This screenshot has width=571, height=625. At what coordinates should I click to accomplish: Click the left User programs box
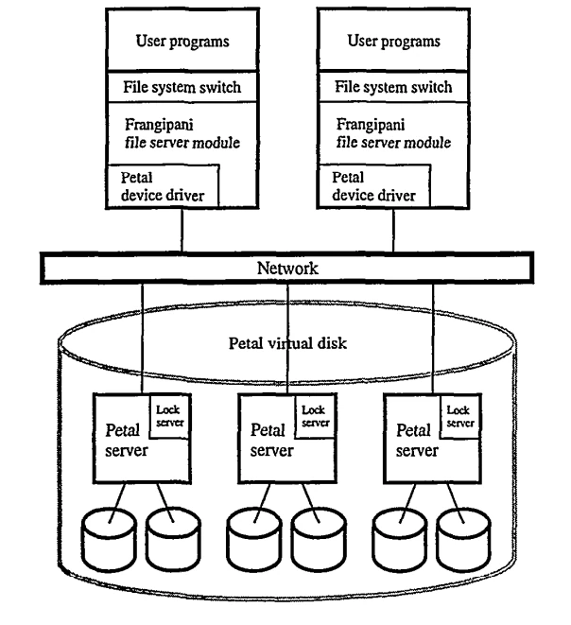(x=182, y=41)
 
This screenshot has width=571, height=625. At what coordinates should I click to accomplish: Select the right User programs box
(x=393, y=41)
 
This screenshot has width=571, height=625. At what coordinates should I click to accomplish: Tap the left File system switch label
(x=182, y=87)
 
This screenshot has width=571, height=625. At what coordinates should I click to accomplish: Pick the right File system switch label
(x=393, y=87)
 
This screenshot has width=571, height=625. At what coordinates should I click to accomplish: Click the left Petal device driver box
(x=163, y=186)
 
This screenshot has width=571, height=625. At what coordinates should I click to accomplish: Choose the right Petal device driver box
(x=374, y=186)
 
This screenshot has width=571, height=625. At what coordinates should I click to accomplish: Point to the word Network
(x=287, y=268)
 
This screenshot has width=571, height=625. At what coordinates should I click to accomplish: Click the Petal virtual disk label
(x=287, y=343)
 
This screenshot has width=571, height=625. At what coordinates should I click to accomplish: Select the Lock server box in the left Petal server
(x=170, y=416)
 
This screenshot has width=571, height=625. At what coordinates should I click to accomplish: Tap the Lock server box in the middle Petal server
(x=316, y=416)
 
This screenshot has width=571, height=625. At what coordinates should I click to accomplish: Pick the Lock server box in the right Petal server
(x=460, y=416)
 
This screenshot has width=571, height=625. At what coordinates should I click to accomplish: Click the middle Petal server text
(x=271, y=440)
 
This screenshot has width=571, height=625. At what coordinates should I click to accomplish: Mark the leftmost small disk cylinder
(x=109, y=540)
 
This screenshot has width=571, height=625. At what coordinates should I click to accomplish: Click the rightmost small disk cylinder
(x=463, y=540)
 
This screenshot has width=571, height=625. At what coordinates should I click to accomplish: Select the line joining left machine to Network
(x=182, y=230)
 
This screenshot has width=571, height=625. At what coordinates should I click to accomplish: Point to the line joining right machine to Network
(x=393, y=230)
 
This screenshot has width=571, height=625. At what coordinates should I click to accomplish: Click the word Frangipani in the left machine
(x=159, y=125)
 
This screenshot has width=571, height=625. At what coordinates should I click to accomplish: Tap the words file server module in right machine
(x=393, y=142)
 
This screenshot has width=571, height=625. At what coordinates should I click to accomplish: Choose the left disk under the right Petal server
(x=400, y=540)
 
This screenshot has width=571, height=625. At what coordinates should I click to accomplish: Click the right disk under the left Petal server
(x=173, y=540)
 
